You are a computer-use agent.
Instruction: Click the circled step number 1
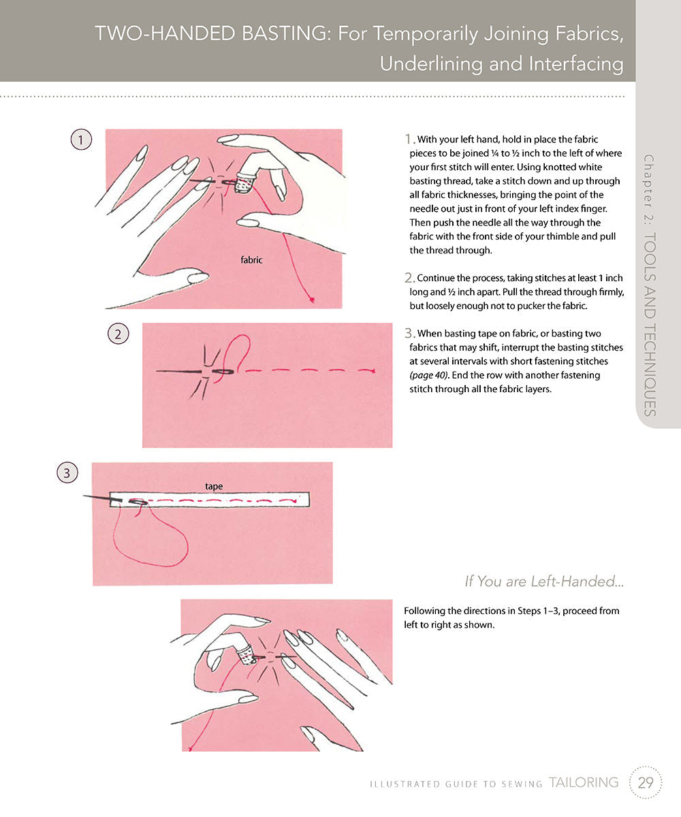(x=81, y=140)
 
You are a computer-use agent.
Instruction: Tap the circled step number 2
(x=118, y=334)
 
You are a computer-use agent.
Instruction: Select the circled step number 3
(x=67, y=473)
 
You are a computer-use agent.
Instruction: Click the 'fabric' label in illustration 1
(x=251, y=260)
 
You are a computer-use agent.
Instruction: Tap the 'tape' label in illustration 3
(x=215, y=486)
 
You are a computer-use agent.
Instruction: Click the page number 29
(x=646, y=783)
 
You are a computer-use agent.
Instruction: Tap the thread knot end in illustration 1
(x=311, y=299)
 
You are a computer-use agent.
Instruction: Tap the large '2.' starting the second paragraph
(x=410, y=277)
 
